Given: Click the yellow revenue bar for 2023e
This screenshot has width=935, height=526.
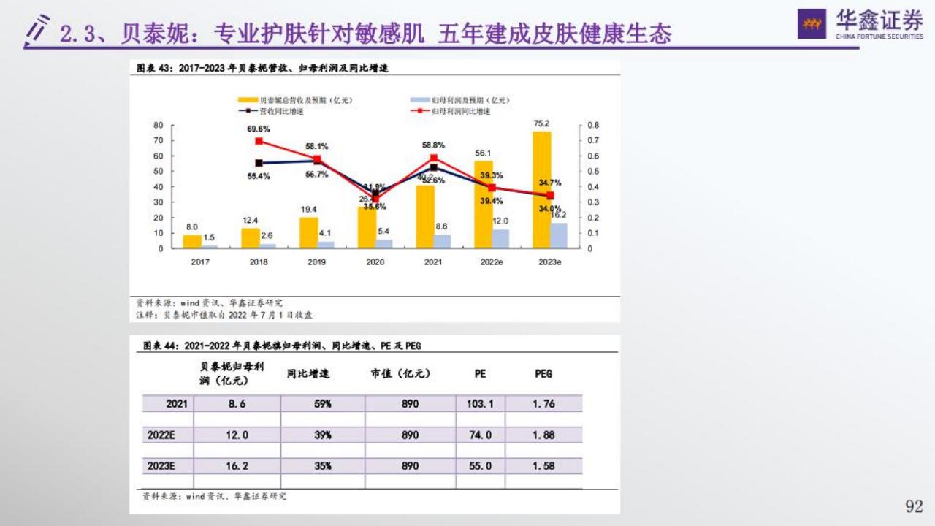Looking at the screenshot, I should (x=541, y=190).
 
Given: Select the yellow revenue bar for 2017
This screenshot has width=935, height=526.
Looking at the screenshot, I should (x=191, y=241).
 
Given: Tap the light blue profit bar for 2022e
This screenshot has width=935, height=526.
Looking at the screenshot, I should (x=500, y=239).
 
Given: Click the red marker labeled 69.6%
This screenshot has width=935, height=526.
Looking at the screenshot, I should (x=259, y=141).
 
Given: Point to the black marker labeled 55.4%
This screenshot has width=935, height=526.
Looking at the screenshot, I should (x=259, y=163).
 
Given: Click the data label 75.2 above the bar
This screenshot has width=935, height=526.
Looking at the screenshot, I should (x=541, y=123).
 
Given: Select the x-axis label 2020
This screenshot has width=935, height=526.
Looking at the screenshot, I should (x=375, y=262).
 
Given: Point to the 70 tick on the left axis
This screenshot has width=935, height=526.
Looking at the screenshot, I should (x=159, y=140).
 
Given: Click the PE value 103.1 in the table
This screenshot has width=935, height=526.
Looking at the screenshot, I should (x=481, y=403).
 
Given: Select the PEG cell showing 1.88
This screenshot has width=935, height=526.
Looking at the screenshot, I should (x=543, y=435).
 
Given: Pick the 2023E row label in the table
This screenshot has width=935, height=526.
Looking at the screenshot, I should (x=161, y=465).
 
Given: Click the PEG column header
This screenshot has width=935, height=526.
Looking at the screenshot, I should (x=543, y=373).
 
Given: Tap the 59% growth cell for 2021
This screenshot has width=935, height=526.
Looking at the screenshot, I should (x=322, y=403).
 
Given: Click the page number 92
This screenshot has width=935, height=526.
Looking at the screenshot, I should (x=914, y=506).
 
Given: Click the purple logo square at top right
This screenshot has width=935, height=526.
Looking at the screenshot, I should (x=812, y=23).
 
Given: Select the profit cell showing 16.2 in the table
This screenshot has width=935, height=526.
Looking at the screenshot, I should (x=237, y=465).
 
